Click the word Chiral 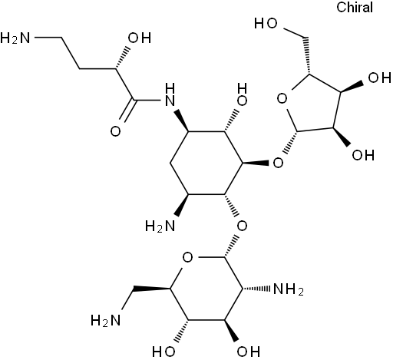[355, 7]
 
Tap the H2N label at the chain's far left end [15, 38]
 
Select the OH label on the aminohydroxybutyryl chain [140, 38]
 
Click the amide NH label [170, 94]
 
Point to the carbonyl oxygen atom [115, 131]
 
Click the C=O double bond [127, 110]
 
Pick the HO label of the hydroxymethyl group [266, 24]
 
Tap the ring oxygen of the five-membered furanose [282, 98]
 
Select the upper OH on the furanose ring [379, 78]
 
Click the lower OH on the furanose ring [363, 155]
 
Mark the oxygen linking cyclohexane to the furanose [278, 163]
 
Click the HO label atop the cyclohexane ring [242, 94]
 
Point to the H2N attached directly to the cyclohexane [160, 226]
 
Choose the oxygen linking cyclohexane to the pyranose [242, 226]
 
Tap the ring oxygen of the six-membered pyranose [187, 257]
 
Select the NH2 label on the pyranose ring [289, 290]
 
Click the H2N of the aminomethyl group [106, 320]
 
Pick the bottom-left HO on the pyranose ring [163, 352]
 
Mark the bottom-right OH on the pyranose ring [248, 352]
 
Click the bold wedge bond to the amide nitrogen [181, 121]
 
